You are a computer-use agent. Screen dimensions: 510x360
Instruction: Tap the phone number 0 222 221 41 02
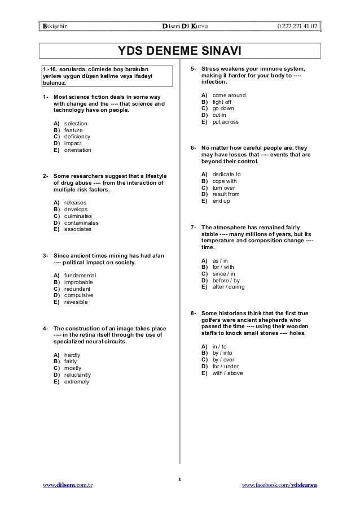coord(297,27)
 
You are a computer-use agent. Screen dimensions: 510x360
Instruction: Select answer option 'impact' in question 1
coord(73,143)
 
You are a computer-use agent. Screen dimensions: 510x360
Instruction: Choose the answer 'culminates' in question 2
coord(78,216)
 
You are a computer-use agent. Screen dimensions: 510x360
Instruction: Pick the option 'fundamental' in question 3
coord(80,275)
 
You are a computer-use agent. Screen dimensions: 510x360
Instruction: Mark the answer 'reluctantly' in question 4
coord(77,374)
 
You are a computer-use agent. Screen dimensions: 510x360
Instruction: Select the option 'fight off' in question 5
coord(222,102)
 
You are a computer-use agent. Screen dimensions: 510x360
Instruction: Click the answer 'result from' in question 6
coord(226,194)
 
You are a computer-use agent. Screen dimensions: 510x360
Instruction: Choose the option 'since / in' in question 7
coord(224,273)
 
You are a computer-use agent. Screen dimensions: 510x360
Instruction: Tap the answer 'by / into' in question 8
coord(222,352)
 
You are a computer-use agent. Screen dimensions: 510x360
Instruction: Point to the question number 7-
coord(194,228)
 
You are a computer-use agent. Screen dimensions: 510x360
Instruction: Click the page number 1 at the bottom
coord(179,480)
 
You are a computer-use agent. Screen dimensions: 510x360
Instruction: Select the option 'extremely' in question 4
coord(76,381)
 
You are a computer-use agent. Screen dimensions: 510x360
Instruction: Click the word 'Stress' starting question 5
coord(211,69)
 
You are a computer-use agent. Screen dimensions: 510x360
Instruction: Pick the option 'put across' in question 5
coord(225,122)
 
